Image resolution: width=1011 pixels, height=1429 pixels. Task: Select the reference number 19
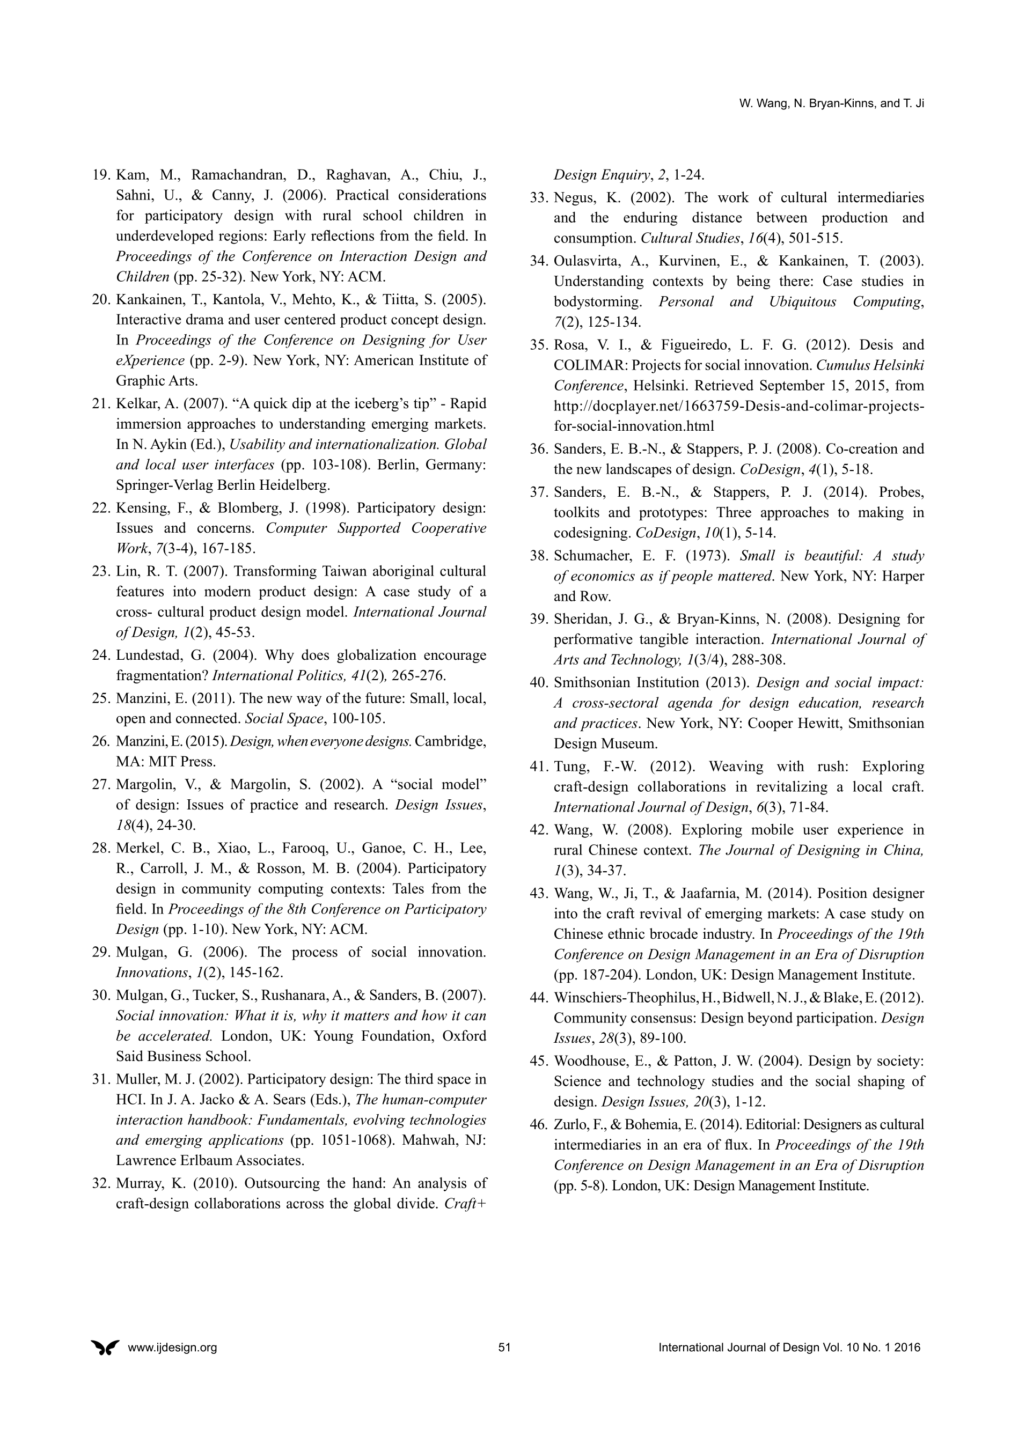pos(101,175)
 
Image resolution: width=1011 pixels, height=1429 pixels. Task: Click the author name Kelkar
pos(135,404)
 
